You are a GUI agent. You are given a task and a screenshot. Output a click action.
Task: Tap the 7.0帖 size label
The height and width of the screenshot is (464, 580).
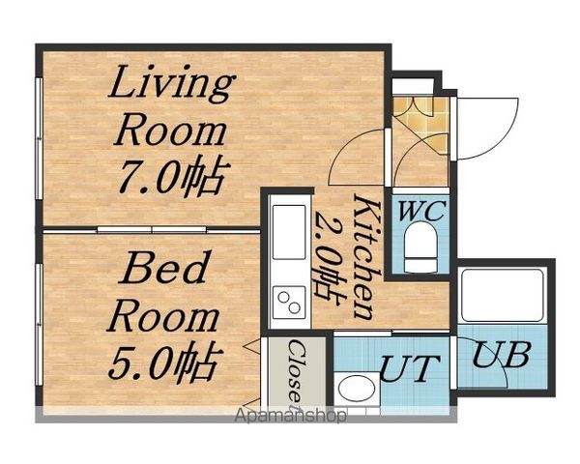click(172, 175)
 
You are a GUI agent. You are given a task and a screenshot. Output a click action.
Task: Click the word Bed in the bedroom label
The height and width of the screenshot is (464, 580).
click(164, 267)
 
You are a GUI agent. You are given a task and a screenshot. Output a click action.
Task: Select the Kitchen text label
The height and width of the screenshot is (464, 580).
click(366, 257)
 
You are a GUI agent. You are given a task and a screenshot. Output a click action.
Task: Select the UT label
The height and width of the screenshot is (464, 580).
click(410, 368)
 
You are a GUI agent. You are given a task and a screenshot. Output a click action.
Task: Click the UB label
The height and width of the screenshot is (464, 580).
click(502, 354)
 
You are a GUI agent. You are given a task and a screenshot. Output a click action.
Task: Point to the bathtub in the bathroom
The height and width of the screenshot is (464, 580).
click(503, 295)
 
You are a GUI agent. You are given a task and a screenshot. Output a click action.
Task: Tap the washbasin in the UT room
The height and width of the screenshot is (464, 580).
click(358, 389)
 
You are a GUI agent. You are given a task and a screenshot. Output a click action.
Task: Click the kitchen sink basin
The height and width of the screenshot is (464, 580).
click(289, 232)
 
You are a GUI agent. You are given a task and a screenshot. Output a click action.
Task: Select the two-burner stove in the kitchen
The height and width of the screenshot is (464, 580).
click(289, 303)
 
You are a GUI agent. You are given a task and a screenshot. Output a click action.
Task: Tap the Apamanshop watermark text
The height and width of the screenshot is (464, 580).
click(291, 416)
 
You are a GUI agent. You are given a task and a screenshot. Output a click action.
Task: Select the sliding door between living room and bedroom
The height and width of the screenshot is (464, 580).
click(152, 230)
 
